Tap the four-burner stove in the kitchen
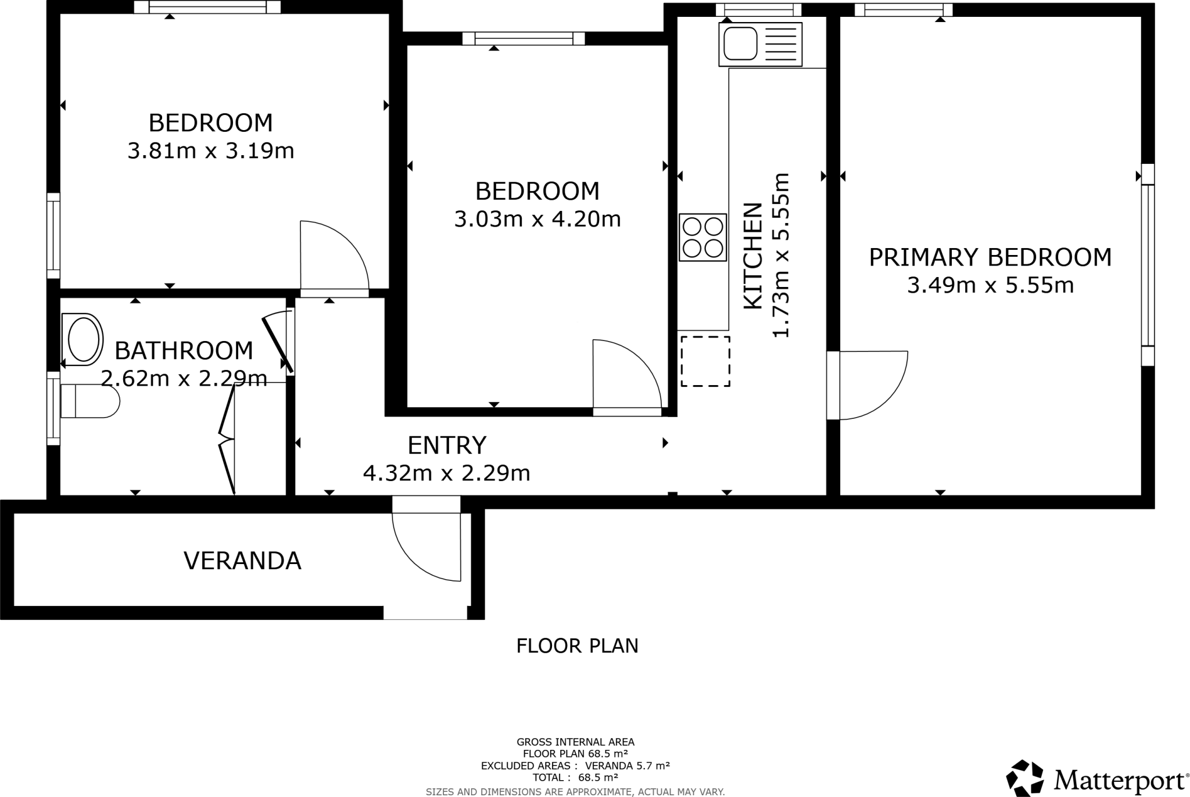point(702,237)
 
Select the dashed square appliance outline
point(705,361)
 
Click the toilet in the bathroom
point(90,401)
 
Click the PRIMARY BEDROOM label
point(990,257)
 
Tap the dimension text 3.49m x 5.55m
point(990,285)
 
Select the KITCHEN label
point(753,256)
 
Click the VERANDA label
point(242,561)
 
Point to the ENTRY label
point(446,446)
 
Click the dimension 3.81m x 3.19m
point(210,151)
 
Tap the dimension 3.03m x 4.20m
point(537,219)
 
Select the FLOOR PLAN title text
point(577,646)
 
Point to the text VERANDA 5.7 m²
point(627,766)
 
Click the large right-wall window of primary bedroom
point(1148,265)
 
